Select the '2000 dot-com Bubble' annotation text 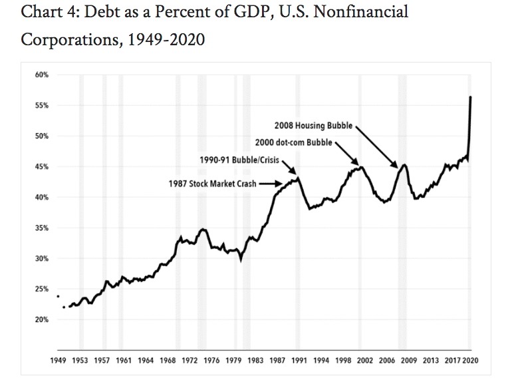pyautogui.click(x=293, y=142)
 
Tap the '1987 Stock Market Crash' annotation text pyautogui.click(x=212, y=183)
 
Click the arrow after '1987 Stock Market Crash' pyautogui.click(x=271, y=183)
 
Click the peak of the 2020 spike pyautogui.click(x=471, y=97)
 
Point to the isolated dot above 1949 pyautogui.click(x=58, y=296)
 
